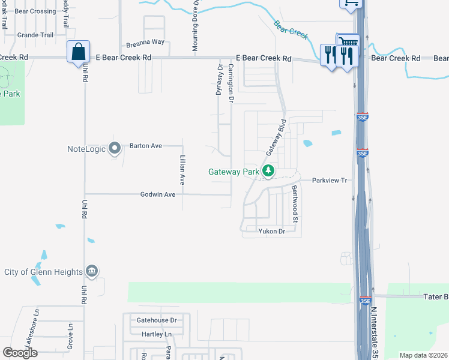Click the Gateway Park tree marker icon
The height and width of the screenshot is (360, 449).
tap(269, 171)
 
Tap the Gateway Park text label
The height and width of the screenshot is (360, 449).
tap(234, 172)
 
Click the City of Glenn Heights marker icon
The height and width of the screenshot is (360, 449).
tap(91, 272)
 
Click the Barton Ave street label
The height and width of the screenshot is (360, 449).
tap(147, 146)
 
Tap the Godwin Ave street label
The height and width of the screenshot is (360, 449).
tap(157, 194)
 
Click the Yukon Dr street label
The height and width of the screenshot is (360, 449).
tap(271, 231)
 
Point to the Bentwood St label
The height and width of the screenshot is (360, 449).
tap(295, 204)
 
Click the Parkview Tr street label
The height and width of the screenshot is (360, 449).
tap(330, 180)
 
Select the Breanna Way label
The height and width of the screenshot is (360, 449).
tap(145, 43)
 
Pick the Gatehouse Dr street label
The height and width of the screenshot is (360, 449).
tap(157, 321)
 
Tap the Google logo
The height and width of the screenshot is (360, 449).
tap(20, 353)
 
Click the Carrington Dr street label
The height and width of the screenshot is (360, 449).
tap(231, 82)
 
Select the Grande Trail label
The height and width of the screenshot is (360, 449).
tap(35, 35)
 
